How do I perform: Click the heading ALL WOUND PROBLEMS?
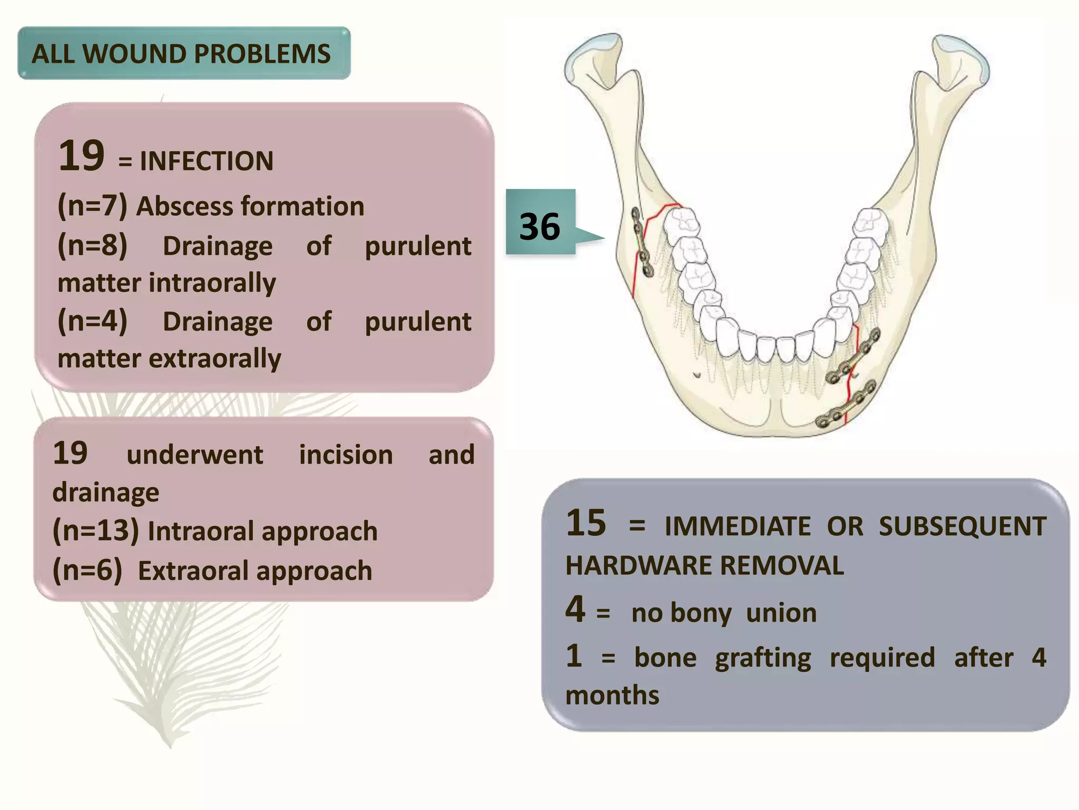181,54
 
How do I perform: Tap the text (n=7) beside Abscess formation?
93,206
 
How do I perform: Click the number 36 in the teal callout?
539,227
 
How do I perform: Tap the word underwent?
194,455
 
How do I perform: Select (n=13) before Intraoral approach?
96,531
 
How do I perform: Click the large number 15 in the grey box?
586,523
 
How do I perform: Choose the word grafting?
763,658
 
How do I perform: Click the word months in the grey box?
612,695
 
